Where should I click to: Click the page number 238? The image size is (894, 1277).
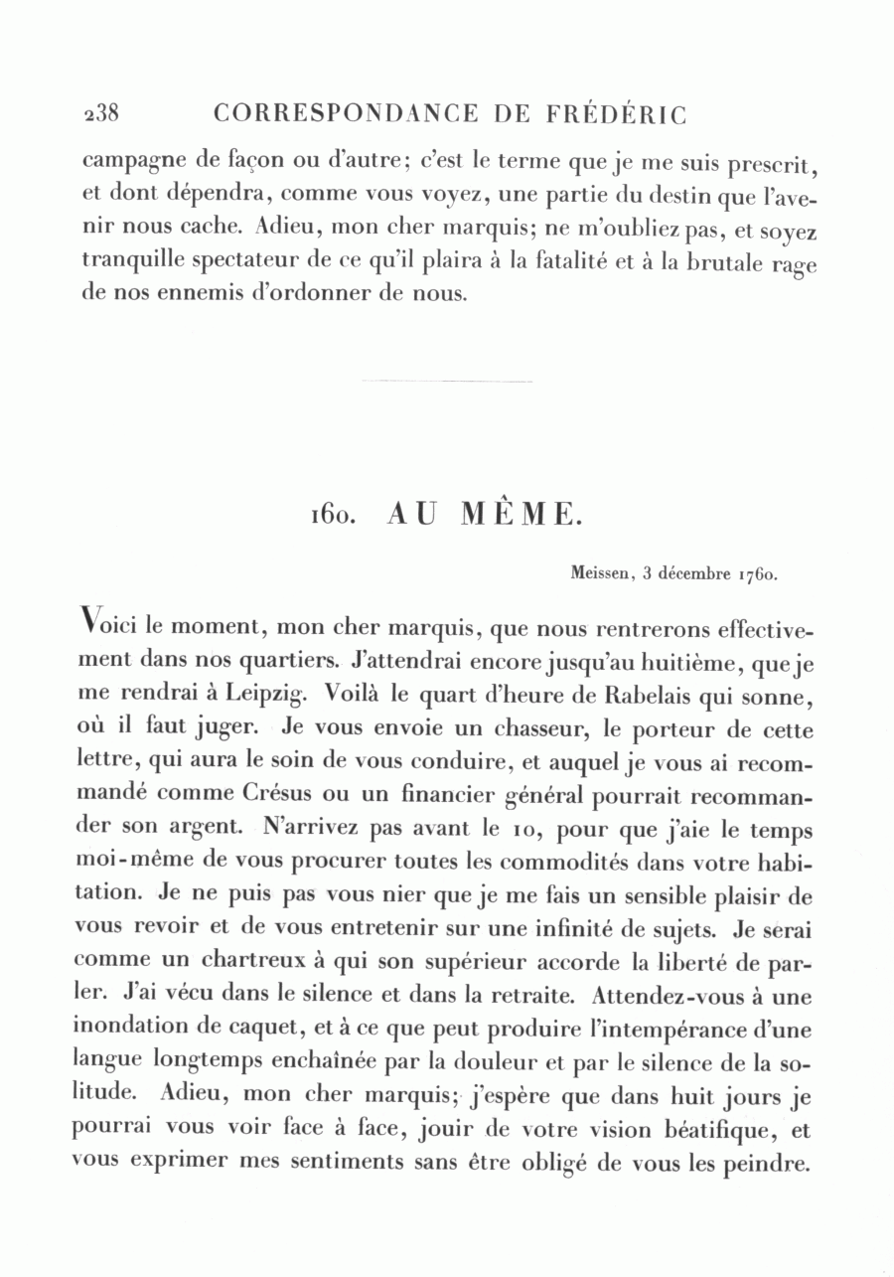[x=99, y=113]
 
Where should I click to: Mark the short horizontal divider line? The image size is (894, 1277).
[x=446, y=381]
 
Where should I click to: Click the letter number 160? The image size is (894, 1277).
[x=328, y=515]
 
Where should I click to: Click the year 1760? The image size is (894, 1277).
[x=754, y=573]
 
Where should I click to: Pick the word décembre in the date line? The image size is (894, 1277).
[x=692, y=573]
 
